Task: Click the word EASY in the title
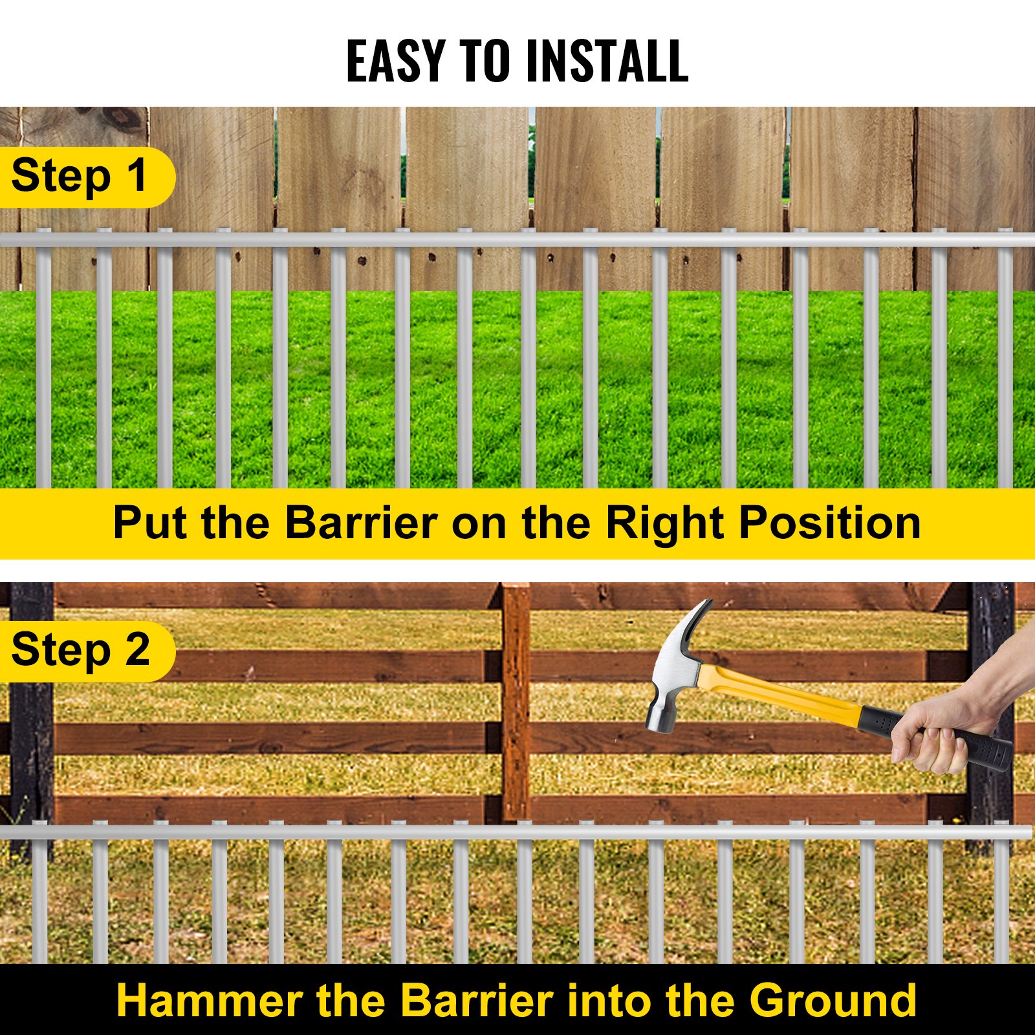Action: pos(396,61)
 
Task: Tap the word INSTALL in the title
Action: pos(607,61)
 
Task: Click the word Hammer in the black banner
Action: pos(209,1001)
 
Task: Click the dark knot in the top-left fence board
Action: pos(123,120)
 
